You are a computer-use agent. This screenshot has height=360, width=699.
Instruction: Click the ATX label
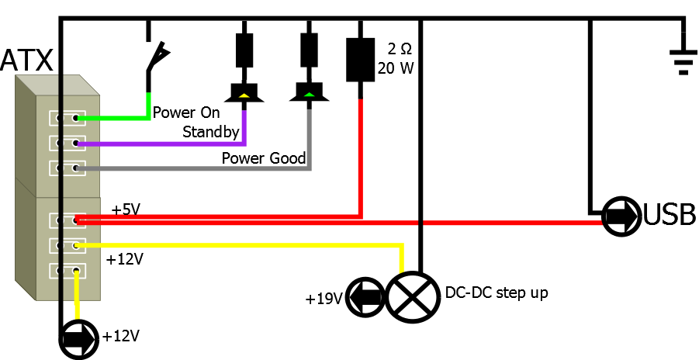(x=26, y=60)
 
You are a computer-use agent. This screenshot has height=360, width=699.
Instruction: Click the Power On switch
(x=157, y=58)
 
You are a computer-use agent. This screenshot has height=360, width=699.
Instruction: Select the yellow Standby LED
(x=244, y=93)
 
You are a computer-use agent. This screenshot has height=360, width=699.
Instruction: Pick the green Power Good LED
(x=310, y=93)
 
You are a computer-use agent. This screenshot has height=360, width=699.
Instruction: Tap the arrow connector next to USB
(x=621, y=215)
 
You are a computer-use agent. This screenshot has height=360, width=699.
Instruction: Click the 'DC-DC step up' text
(x=497, y=294)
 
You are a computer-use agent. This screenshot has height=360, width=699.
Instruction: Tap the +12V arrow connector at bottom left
(x=78, y=338)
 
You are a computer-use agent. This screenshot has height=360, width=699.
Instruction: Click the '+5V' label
(x=126, y=210)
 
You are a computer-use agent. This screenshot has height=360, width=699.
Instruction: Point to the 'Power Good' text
(x=264, y=158)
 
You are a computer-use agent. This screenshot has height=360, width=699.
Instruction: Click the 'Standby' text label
(x=210, y=132)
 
